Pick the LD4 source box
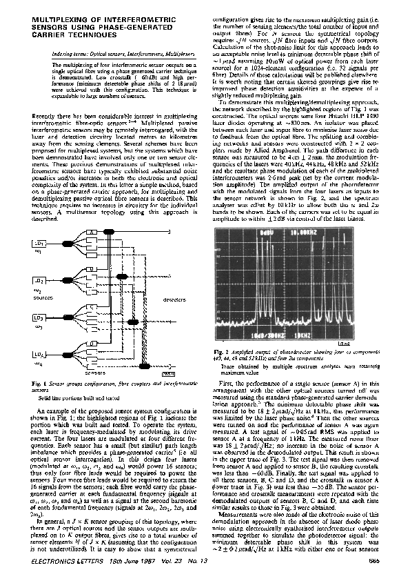click(41, 354)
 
